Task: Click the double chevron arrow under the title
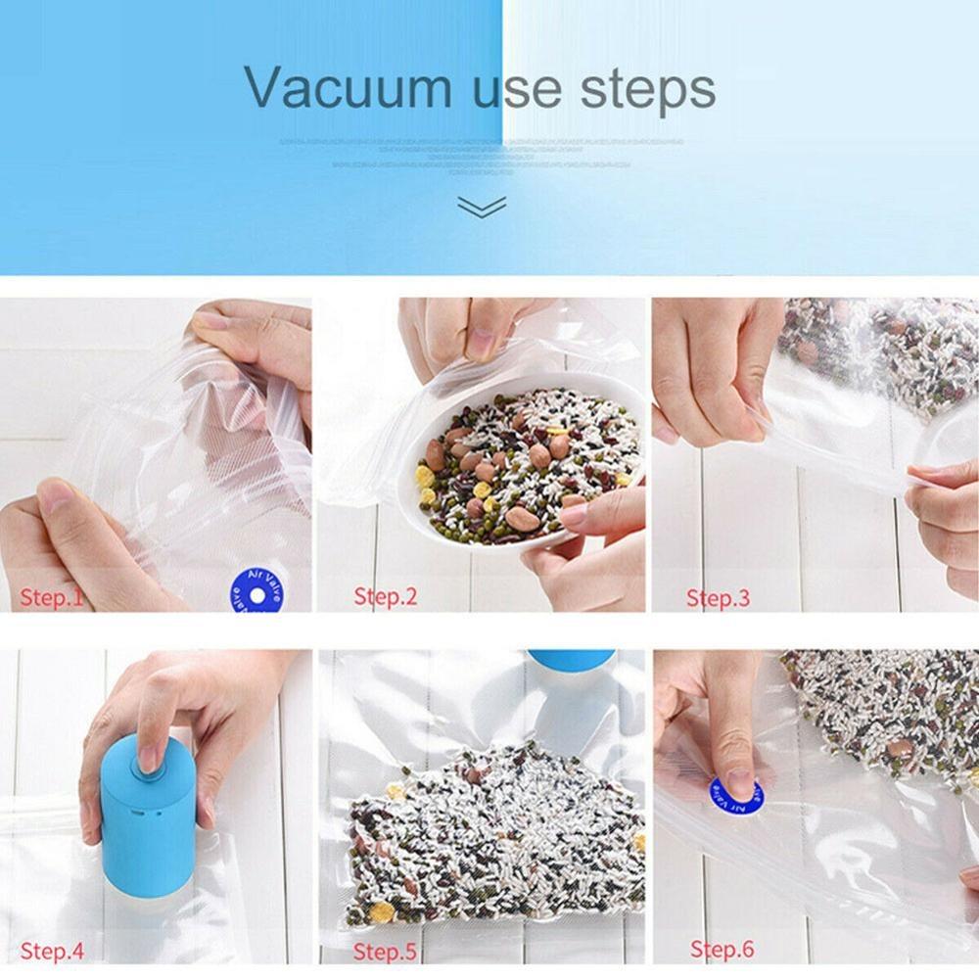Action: [x=481, y=206]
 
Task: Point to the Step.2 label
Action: [x=385, y=596]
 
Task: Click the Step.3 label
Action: [x=718, y=597]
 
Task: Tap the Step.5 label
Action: [x=385, y=951]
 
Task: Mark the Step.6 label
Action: [x=723, y=949]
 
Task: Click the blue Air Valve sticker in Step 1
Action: [x=256, y=591]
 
